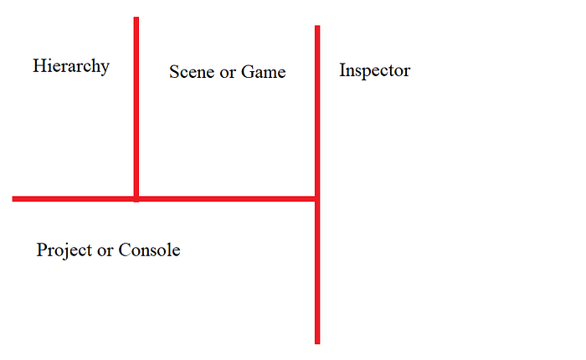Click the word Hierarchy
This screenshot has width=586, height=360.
point(71,66)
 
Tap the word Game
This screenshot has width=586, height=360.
point(264,72)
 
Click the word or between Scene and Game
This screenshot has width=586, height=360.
point(225,73)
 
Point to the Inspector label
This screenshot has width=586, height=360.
point(374,71)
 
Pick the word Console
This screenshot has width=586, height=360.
point(149,249)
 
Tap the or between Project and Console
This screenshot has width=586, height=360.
point(106,250)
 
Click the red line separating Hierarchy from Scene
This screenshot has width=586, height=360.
point(136,109)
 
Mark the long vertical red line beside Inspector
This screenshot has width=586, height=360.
point(317,268)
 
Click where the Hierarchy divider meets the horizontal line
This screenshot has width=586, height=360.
point(136,198)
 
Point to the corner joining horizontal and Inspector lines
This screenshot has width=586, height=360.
point(316,198)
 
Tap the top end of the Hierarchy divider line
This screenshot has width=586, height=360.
point(136,19)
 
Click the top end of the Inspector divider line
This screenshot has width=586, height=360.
point(317,28)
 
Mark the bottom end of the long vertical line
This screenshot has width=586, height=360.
point(317,341)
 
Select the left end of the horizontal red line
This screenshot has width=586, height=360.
point(15,198)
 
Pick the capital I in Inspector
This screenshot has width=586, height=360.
point(342,70)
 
